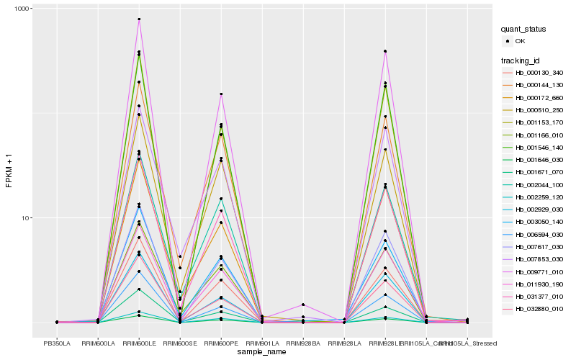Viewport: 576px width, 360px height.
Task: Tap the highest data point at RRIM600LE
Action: pyautogui.click(x=139, y=19)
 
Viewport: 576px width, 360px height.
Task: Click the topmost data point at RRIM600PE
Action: pyautogui.click(x=221, y=94)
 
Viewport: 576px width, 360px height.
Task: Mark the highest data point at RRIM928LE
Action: pyautogui.click(x=385, y=51)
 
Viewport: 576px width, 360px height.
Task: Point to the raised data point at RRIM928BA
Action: pyautogui.click(x=303, y=305)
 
